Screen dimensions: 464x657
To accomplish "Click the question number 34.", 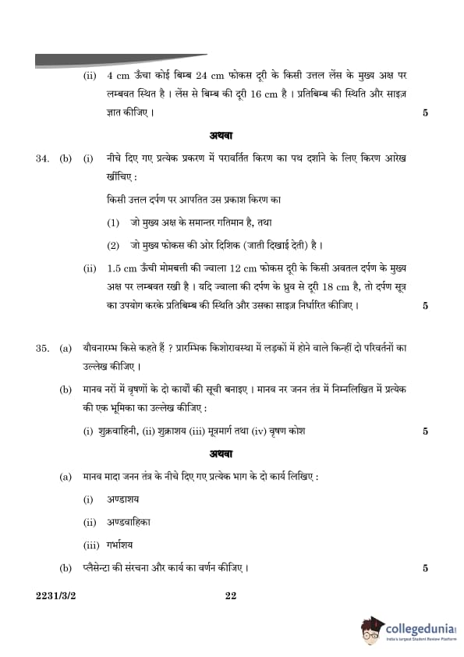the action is click(x=42, y=158).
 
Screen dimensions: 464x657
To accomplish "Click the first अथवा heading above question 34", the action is click(x=232, y=135).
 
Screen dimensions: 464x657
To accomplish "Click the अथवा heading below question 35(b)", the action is click(x=232, y=453).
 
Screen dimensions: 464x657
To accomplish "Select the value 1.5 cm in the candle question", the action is click(x=121, y=268).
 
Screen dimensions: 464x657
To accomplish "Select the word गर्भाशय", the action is click(x=125, y=545).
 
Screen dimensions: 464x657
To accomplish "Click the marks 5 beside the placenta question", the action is click(x=425, y=568).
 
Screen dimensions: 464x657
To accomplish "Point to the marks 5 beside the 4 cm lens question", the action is click(x=425, y=113).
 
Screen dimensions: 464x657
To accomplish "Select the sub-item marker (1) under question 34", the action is click(x=113, y=222).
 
